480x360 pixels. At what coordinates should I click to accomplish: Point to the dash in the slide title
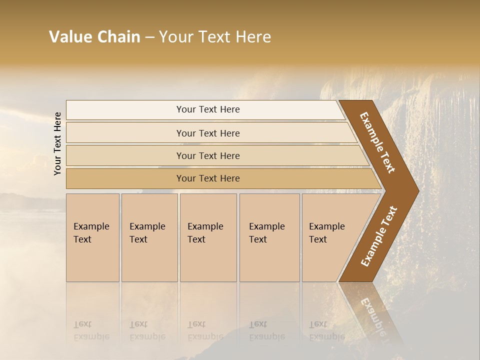pyautogui.click(x=149, y=37)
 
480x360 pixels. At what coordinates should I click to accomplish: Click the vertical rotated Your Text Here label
pyautogui.click(x=57, y=143)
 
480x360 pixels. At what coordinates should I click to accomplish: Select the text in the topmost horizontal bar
pyautogui.click(x=208, y=109)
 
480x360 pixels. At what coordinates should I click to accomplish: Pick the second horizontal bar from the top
pyautogui.click(x=208, y=133)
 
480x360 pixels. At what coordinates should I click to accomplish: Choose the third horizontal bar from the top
pyautogui.click(x=208, y=155)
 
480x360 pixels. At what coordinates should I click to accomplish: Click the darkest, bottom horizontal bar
pyautogui.click(x=208, y=178)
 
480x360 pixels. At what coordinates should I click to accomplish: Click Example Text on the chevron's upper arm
pyautogui.click(x=377, y=142)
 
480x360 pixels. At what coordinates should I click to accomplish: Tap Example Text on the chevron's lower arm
pyautogui.click(x=378, y=236)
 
